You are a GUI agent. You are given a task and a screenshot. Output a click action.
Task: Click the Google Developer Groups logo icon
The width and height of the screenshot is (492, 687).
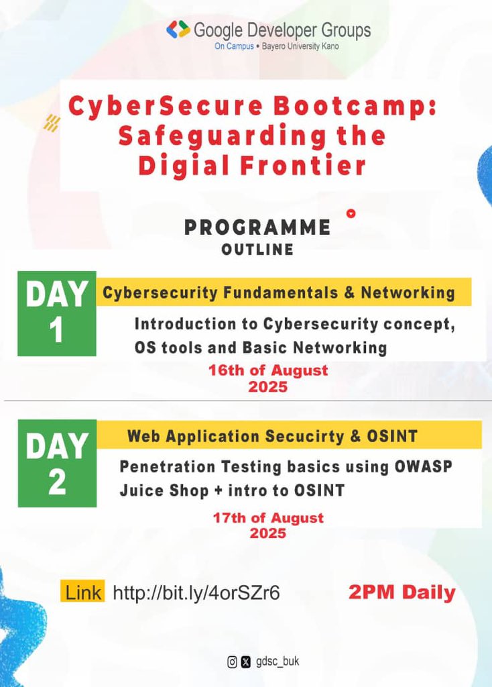(178, 30)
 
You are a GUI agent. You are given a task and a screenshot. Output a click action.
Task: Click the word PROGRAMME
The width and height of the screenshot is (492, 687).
(257, 227)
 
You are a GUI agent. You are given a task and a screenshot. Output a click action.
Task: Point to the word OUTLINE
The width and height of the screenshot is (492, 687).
(257, 250)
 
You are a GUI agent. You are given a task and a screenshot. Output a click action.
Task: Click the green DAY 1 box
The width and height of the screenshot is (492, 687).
(57, 313)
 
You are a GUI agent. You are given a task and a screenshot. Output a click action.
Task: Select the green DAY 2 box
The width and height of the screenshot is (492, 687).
(57, 464)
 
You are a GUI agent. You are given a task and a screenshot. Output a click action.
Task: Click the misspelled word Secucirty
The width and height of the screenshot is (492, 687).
(306, 437)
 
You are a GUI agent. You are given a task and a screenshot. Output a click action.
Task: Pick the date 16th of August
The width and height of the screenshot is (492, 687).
(268, 370)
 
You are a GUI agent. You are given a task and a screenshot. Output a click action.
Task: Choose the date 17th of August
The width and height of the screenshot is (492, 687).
(268, 518)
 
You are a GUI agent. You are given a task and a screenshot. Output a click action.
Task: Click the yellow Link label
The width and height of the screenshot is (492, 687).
(83, 592)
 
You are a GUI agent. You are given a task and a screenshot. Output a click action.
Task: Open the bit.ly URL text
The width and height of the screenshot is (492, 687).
(196, 593)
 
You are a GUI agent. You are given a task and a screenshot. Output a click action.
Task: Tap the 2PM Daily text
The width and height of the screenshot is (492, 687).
(402, 592)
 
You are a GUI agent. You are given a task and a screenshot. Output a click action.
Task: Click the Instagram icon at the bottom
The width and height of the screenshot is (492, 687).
(232, 662)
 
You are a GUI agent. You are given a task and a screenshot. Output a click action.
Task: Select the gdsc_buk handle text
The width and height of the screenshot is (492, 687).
(278, 662)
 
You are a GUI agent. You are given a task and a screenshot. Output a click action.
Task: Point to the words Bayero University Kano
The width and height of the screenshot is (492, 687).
(299, 47)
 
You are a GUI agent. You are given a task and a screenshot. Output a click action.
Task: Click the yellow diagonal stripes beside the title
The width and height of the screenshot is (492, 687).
(52, 123)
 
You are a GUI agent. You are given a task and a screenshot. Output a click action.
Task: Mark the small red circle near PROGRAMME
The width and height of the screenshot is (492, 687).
(350, 214)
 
